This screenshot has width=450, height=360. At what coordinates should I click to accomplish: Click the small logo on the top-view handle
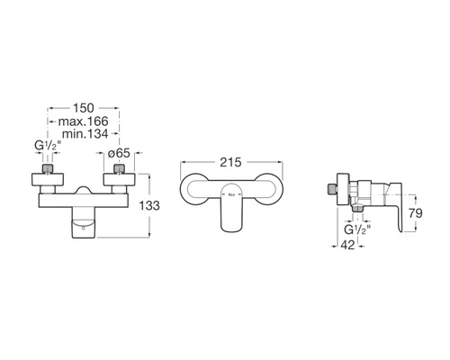232,193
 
